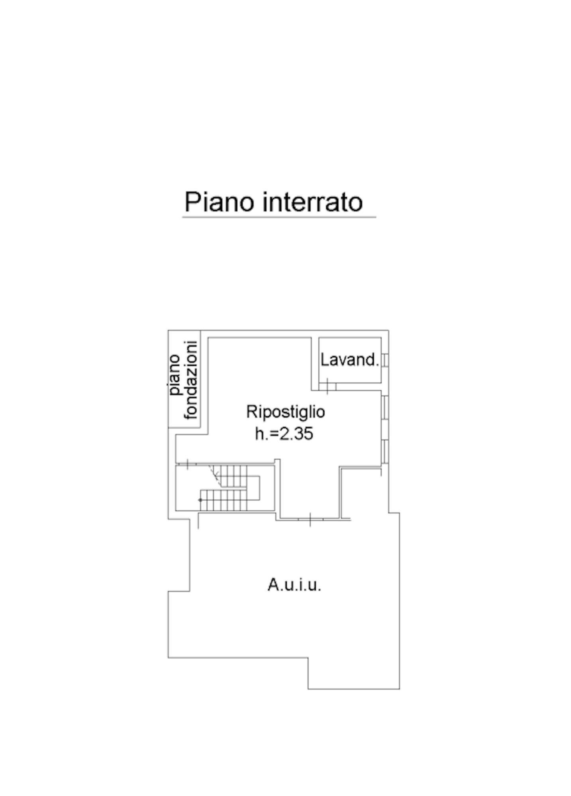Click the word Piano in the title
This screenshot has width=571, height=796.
click(x=219, y=202)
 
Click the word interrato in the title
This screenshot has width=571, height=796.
click(x=313, y=202)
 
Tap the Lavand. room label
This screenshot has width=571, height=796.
click(x=349, y=360)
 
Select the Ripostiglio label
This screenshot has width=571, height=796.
click(x=285, y=412)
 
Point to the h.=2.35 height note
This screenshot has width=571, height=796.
click(x=284, y=433)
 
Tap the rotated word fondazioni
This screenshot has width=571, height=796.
click(x=191, y=380)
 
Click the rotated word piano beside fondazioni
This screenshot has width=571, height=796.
click(x=174, y=375)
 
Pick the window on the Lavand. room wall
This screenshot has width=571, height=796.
click(x=385, y=360)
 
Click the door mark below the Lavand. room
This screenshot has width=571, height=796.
click(x=328, y=386)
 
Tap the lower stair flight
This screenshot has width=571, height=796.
click(x=224, y=500)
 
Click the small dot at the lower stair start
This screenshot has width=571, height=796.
click(x=201, y=500)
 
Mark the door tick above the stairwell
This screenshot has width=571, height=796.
click(x=187, y=464)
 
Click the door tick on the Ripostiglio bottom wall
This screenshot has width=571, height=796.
click(x=310, y=519)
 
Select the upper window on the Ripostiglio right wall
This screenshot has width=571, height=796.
click(x=385, y=407)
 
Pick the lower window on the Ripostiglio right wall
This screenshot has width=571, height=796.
click(x=385, y=451)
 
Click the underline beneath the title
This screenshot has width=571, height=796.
click(x=279, y=217)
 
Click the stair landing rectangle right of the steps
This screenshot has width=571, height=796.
click(x=254, y=488)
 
